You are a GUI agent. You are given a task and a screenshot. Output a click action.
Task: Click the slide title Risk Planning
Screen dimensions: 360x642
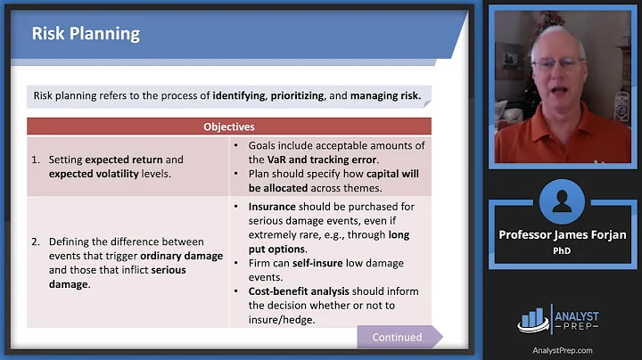click(86, 34)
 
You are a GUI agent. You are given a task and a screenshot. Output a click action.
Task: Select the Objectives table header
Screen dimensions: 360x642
click(228, 127)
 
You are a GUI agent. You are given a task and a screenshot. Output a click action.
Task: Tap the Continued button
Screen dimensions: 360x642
click(398, 337)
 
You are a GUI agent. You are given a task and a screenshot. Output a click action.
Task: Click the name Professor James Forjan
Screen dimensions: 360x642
click(564, 234)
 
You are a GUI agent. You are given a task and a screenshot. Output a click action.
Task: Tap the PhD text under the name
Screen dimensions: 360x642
click(564, 250)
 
